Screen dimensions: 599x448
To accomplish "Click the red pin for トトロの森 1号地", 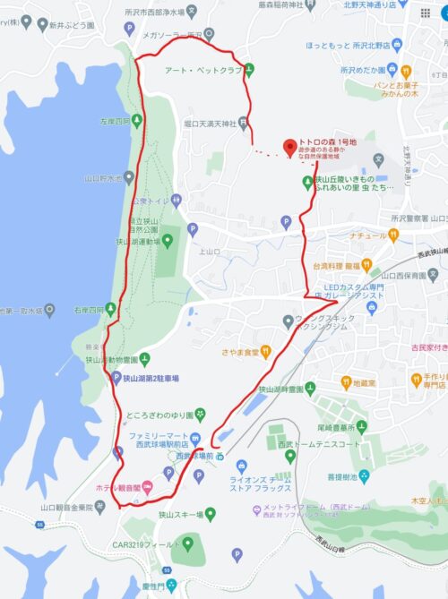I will pos(289,146).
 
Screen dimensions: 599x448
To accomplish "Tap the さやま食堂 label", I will pos(241,327).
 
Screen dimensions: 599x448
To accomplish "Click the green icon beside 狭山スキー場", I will pos(211,515).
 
